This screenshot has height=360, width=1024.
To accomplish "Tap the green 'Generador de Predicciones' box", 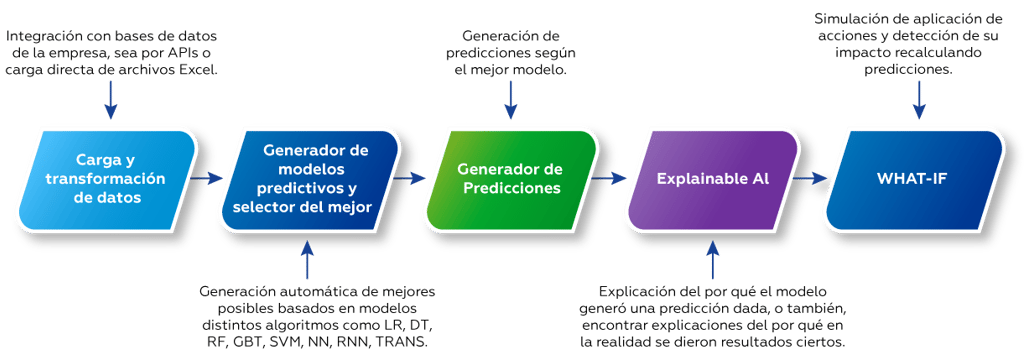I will pyautogui.click(x=509, y=178).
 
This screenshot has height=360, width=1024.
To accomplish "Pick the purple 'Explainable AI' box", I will pyautogui.click(x=712, y=178).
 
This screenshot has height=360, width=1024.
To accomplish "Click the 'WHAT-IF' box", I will pyautogui.click(x=913, y=178).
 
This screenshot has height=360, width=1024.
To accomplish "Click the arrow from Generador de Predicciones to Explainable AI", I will pyautogui.click(x=611, y=179).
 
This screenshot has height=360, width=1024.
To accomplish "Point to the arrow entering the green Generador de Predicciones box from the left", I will pyautogui.click(x=410, y=179).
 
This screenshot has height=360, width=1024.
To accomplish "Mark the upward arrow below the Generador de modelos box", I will pyautogui.click(x=308, y=259).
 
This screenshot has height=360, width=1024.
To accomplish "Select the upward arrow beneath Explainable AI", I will pyautogui.click(x=712, y=259).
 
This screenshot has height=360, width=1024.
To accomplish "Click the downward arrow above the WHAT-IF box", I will pyautogui.click(x=919, y=98).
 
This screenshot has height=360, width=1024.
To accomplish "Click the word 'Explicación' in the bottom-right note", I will pyautogui.click(x=622, y=291).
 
